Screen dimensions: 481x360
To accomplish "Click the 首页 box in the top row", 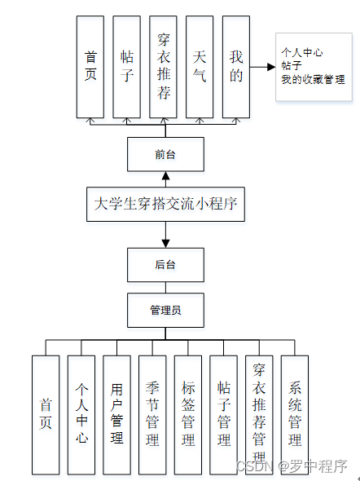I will pos(90,66).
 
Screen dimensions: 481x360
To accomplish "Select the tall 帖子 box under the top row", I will pos(126,66).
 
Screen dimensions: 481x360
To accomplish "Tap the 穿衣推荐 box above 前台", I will pos(164,66).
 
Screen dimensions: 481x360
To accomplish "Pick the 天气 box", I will pos(200,66).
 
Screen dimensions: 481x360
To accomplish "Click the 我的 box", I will pos(236,66).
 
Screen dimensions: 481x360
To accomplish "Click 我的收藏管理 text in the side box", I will pos(313,80).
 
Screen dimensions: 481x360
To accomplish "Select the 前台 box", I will pos(165,154).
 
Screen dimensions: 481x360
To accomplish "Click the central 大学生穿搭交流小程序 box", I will pos(165,204).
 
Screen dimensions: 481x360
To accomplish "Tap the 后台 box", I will pos(165,264).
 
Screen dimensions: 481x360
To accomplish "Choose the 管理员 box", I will pos(165,311).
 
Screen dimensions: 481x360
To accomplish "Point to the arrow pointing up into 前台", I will pos(165,179).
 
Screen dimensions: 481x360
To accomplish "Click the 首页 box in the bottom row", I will pos(46,414).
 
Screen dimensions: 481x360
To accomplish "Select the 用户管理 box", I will pos(116,414).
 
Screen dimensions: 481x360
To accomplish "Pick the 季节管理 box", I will pos(152,414).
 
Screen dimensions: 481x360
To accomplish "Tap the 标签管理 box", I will pos(188,414).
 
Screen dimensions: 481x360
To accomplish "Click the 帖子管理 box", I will pos(223,414).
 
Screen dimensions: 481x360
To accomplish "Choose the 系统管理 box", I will pos(295,414).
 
